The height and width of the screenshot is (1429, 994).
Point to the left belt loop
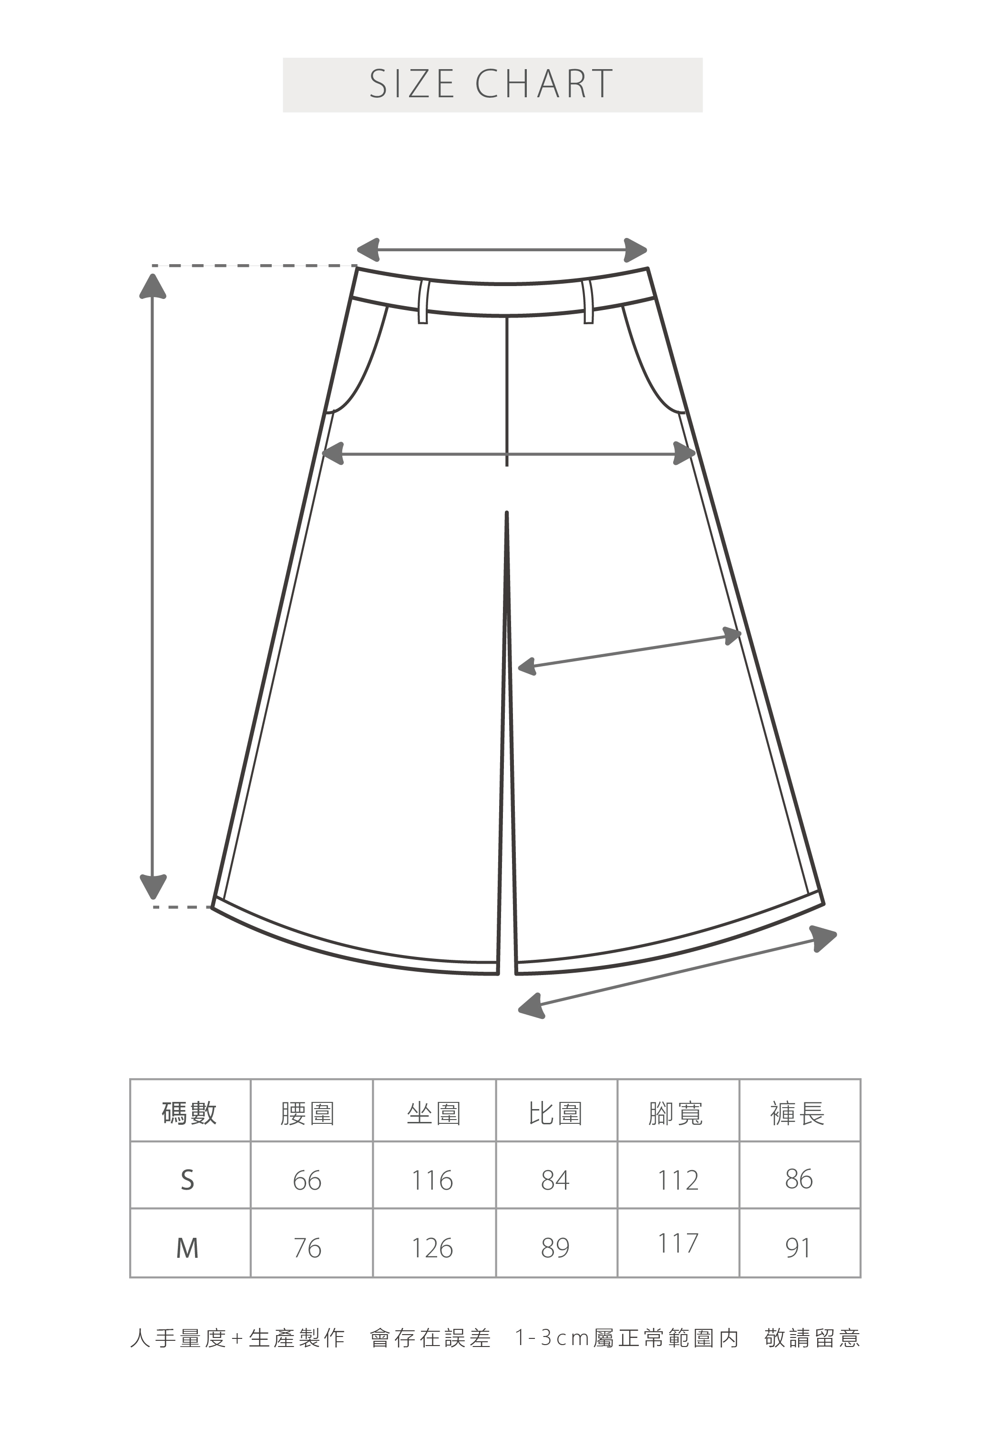click(x=423, y=302)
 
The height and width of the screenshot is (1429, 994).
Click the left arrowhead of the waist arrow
click(x=369, y=249)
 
